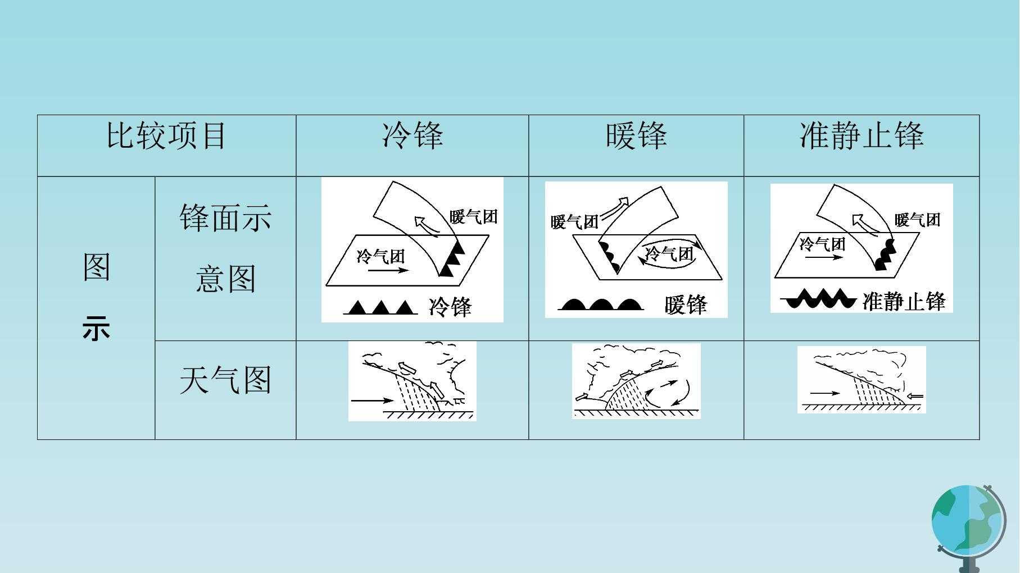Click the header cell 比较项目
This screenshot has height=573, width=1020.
tap(166, 136)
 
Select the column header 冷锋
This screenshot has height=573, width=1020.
tap(412, 136)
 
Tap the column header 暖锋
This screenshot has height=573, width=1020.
tap(636, 136)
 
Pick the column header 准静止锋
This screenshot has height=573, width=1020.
tap(862, 136)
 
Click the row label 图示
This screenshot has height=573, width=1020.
tap(96, 297)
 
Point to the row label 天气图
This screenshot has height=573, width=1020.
tap(225, 380)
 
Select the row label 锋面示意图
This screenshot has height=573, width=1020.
tap(225, 248)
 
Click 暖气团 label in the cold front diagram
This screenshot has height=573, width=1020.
tap(474, 216)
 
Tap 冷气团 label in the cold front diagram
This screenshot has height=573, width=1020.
tap(380, 256)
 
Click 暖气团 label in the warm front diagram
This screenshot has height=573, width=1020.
tap(574, 222)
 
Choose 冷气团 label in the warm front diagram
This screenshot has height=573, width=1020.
tap(669, 254)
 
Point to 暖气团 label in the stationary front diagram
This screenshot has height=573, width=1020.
tap(917, 220)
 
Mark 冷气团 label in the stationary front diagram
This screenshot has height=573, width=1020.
tap(822, 244)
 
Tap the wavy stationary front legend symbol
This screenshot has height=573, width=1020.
tap(819, 298)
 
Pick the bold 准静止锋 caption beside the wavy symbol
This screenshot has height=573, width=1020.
tap(904, 301)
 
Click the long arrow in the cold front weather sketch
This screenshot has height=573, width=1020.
tap(372, 401)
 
